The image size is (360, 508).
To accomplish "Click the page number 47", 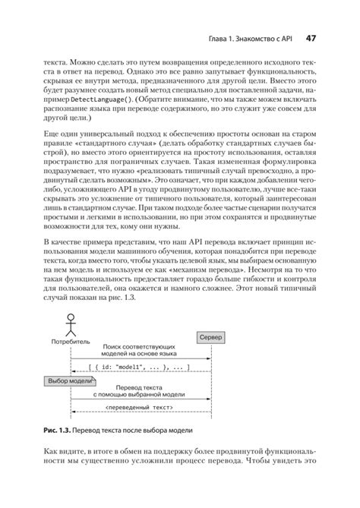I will [x=311, y=38].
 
